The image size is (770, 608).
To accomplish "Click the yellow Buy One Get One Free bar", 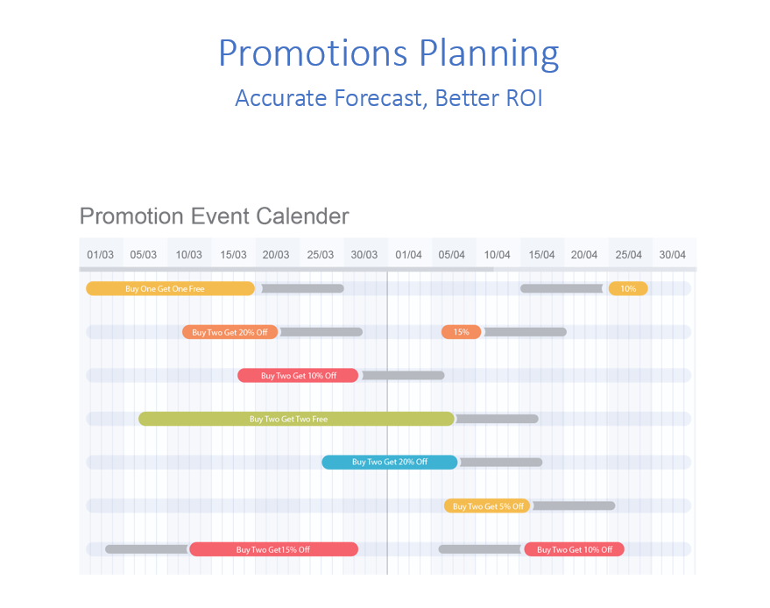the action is (x=171, y=289).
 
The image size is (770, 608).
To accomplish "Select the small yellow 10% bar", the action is (x=628, y=289).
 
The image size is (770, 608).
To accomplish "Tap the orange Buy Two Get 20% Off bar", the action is (x=230, y=332).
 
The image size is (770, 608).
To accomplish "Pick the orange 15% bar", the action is (x=461, y=332).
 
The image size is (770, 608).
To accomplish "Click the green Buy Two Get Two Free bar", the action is (x=297, y=419).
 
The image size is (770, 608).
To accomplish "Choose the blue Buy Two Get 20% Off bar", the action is (x=390, y=463).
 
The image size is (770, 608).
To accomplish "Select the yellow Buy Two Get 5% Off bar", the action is (x=487, y=505).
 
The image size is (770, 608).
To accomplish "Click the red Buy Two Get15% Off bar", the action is (x=273, y=549).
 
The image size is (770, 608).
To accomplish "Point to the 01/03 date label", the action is (x=100, y=255).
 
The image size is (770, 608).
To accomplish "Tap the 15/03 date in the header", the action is (x=233, y=255).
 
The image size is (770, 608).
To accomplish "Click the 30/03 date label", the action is (x=364, y=255).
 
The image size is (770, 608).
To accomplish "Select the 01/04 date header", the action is (x=408, y=255).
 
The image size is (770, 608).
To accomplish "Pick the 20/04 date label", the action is (x=584, y=255).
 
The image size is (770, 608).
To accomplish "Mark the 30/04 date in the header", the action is (x=672, y=255).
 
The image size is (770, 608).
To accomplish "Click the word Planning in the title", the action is (x=489, y=54).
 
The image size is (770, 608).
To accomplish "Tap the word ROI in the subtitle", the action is (x=524, y=98).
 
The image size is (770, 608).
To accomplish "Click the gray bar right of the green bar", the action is (x=497, y=419).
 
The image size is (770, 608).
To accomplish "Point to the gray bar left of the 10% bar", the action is (x=562, y=289).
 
